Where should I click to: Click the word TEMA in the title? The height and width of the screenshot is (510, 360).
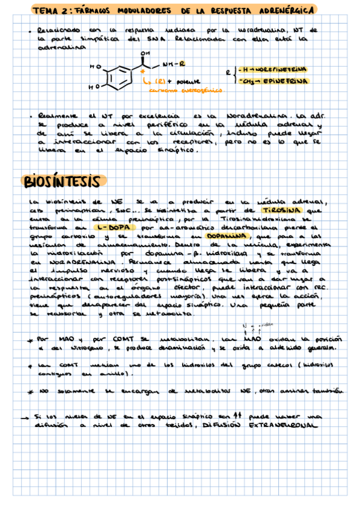click(x=44, y=10)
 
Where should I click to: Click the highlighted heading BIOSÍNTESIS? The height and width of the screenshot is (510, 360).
click(x=64, y=180)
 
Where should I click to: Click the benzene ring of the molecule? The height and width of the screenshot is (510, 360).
click(x=120, y=76)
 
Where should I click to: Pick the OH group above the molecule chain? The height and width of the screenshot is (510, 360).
click(x=144, y=54)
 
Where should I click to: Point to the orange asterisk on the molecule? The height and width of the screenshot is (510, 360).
click(x=143, y=71)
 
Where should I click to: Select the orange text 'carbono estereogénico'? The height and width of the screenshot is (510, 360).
click(x=186, y=90)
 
